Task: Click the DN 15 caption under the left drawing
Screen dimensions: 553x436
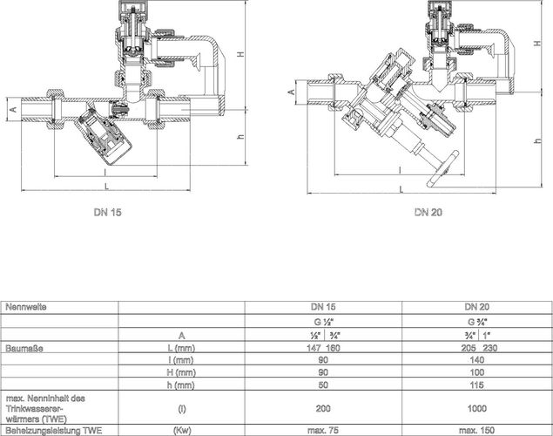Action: point(108,212)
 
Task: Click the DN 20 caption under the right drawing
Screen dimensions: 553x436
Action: point(428,212)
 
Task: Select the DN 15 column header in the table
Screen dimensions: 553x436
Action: point(323,307)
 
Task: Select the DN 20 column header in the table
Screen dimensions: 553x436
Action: point(477,307)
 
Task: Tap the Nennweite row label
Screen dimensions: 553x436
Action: point(26,307)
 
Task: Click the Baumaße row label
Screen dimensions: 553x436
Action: point(24,348)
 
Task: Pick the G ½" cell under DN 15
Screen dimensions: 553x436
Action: point(323,322)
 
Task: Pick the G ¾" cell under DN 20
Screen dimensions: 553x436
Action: point(477,322)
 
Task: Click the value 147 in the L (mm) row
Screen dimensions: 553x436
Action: point(314,348)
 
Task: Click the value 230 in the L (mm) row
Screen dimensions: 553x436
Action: point(490,348)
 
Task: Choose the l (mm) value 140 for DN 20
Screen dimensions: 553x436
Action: point(477,360)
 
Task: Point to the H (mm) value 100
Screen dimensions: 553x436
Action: point(477,372)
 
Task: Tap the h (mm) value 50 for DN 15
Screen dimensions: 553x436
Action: point(323,385)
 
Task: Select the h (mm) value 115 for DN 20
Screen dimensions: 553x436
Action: point(477,385)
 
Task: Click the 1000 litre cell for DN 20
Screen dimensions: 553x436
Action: point(477,408)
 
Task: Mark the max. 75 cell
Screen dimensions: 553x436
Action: point(323,431)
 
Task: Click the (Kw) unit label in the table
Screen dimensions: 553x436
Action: point(182,431)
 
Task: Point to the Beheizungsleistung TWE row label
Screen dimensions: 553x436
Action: point(54,431)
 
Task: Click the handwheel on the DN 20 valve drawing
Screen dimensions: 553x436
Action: point(442,169)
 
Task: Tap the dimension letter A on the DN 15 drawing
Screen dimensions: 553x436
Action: point(13,109)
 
